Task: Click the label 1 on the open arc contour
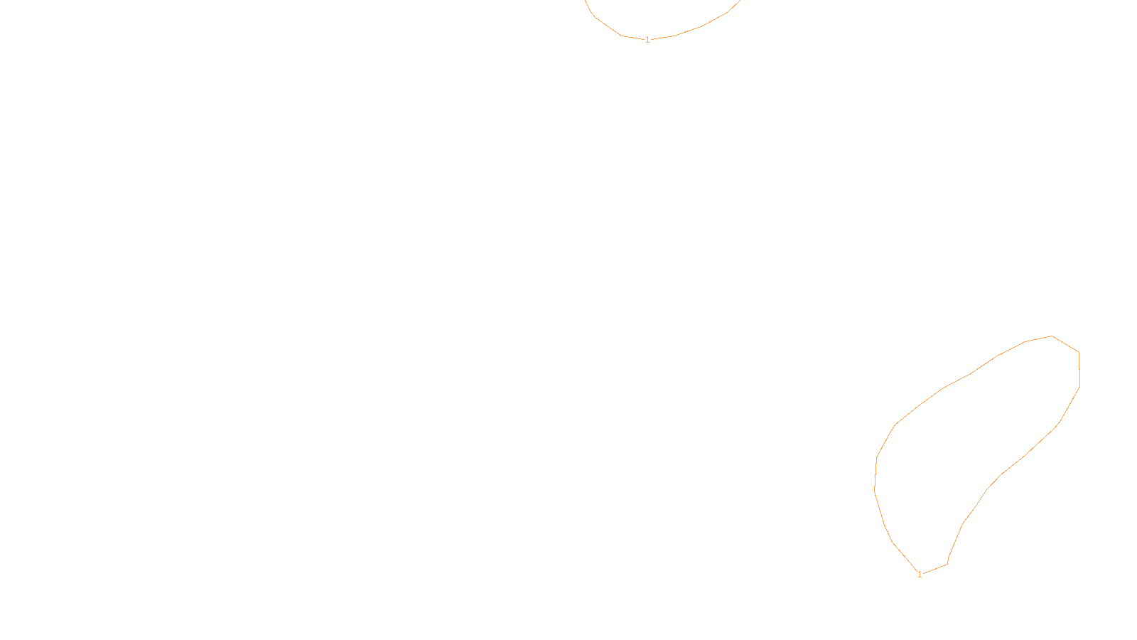647,40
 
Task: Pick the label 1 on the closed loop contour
920,575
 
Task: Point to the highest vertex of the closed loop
1052,336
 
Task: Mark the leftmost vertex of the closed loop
874,489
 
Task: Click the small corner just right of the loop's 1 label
947,564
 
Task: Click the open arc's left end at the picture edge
586,1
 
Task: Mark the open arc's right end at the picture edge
739,1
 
